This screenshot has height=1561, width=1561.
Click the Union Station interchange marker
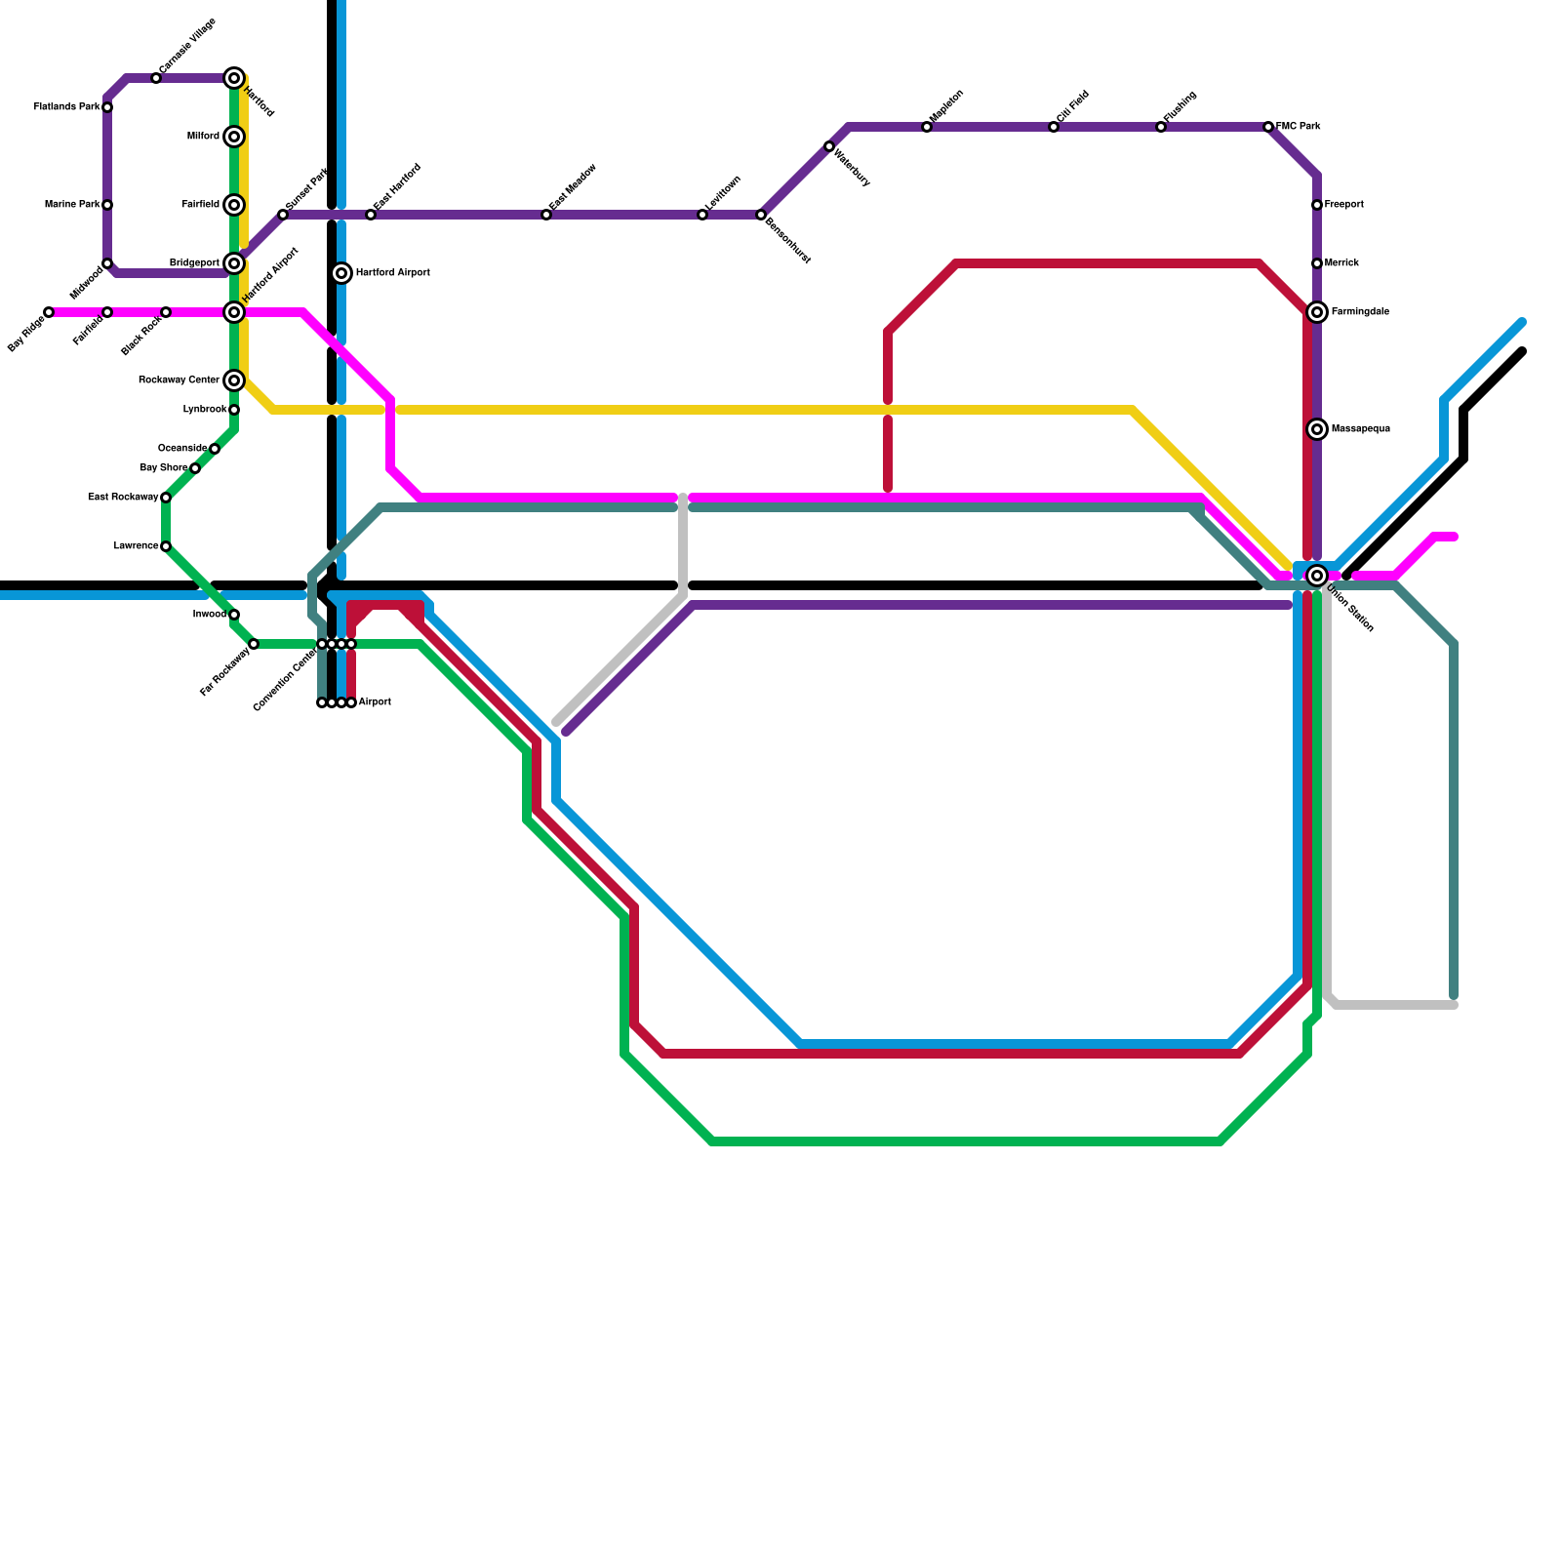coord(1317,576)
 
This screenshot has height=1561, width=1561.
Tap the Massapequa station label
coord(1360,429)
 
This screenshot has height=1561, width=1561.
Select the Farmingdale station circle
coord(1317,312)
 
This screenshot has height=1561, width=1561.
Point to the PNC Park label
coord(1299,127)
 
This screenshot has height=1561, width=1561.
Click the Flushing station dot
coord(1161,127)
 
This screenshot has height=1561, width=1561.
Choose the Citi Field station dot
coord(1054,127)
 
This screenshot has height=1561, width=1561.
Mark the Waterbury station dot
coord(829,146)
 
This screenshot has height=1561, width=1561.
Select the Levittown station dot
coord(702,215)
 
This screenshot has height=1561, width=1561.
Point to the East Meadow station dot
coord(546,215)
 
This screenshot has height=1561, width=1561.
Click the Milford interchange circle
coord(234,137)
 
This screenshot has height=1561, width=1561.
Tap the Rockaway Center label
coord(179,380)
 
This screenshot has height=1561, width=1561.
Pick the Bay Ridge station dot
coord(49,312)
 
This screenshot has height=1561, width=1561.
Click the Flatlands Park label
coord(66,107)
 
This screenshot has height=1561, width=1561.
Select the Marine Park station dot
coord(107,205)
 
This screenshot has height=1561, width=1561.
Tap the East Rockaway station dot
coord(166,498)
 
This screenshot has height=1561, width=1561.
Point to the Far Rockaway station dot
coord(254,644)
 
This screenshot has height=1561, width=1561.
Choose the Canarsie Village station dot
coord(156,78)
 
